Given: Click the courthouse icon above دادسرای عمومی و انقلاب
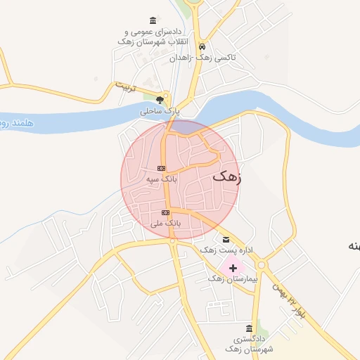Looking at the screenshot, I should [x=153, y=20].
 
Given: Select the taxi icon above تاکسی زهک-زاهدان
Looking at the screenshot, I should [x=202, y=44].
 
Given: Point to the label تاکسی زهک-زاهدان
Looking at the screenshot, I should [x=202, y=57].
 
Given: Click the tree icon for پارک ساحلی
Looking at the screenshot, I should [x=160, y=99].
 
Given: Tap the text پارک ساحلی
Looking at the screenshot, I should [x=160, y=111].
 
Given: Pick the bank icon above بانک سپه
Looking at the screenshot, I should [x=161, y=168].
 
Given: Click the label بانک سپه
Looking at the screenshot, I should [x=161, y=179].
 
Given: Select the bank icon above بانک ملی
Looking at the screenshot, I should [x=165, y=212].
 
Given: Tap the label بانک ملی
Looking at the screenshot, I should [x=166, y=223].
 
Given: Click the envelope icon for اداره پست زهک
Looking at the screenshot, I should [x=225, y=239].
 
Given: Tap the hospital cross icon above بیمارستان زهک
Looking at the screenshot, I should [x=233, y=268].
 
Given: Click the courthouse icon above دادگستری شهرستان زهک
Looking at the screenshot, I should [x=249, y=328].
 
